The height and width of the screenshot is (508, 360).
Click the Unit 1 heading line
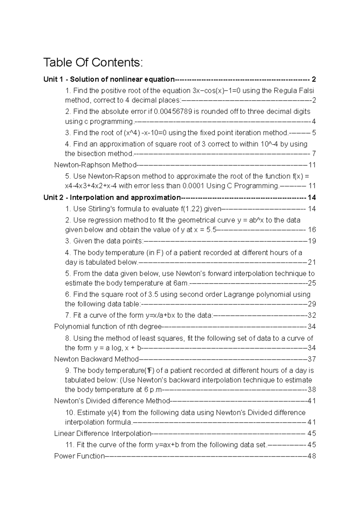[109, 79]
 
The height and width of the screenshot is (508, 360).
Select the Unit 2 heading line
[112, 198]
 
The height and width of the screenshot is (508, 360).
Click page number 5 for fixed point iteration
[314, 133]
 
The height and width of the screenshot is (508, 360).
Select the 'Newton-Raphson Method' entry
[95, 165]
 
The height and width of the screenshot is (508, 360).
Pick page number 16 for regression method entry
[312, 230]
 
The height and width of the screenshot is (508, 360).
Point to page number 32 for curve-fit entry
[312, 315]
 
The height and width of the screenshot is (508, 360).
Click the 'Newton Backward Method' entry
[96, 359]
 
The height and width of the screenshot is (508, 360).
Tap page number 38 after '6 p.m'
[312, 390]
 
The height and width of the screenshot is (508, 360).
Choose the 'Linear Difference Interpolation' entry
[102, 434]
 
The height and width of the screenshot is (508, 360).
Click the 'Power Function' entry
[79, 456]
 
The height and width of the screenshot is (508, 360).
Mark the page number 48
[312, 456]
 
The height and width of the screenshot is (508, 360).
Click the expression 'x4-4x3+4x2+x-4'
[91, 186]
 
